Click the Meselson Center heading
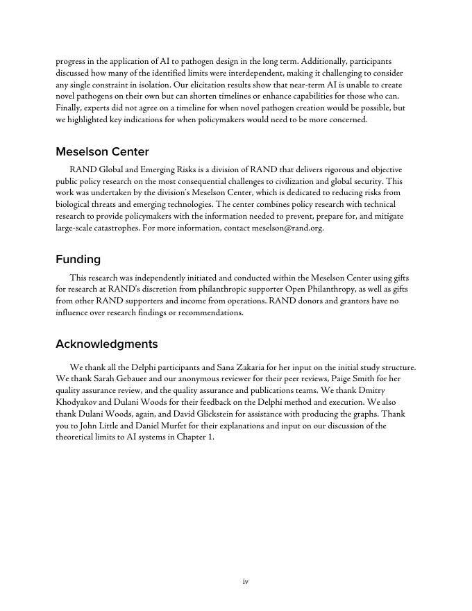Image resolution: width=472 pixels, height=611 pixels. point(102,151)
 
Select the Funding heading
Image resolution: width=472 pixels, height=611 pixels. point(78,259)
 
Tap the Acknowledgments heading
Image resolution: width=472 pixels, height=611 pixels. point(106,344)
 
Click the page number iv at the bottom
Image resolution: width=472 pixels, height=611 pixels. point(245,581)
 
